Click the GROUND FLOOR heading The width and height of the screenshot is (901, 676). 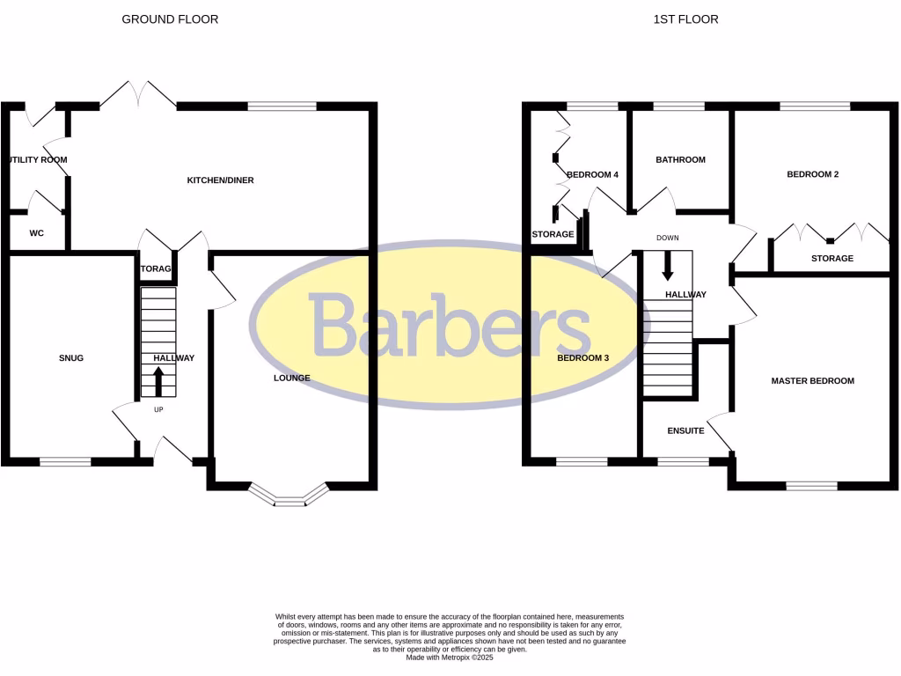170,18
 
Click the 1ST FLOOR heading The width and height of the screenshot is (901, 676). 685,18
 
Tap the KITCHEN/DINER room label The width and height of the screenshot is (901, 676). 220,180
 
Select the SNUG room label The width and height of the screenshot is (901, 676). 71,357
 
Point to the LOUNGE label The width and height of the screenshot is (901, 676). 291,378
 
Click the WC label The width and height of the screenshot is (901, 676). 37,233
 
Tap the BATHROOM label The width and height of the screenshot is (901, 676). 680,159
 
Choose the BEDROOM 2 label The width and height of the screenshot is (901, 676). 812,174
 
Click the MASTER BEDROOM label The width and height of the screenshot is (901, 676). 812,381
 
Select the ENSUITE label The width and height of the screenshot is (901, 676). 685,431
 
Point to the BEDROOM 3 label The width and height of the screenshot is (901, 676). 582,357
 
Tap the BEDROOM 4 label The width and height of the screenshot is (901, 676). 592,174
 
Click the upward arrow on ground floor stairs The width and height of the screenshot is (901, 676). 158,382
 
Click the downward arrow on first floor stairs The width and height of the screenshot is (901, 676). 667,265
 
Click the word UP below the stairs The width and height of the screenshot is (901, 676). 158,409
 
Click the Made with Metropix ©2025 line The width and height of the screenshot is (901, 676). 450,657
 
